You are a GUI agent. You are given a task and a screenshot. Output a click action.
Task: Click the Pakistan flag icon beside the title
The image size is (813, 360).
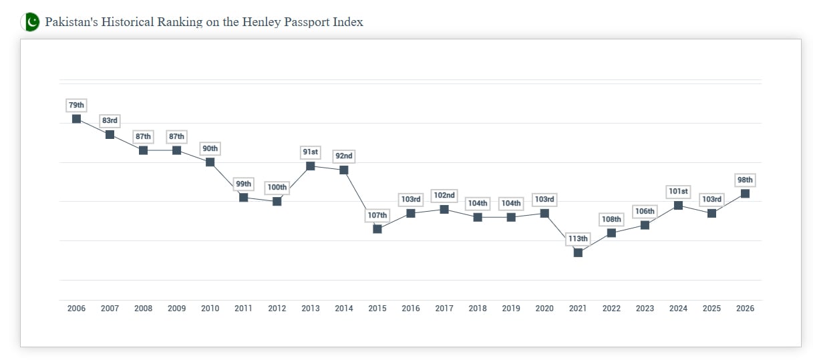click(30, 22)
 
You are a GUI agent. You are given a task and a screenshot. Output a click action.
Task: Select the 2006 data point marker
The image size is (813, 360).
click(76, 119)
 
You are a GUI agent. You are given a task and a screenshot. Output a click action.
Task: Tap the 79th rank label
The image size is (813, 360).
click(76, 106)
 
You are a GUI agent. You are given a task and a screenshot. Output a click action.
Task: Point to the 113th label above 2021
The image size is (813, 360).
click(578, 239)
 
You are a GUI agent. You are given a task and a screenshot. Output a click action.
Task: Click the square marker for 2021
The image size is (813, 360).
click(578, 252)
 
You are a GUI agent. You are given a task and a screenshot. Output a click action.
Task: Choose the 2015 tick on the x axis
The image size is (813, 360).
click(377, 309)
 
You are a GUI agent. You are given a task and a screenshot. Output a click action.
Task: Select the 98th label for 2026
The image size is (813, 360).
click(745, 180)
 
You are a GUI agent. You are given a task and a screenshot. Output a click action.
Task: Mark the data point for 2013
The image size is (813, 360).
click(311, 166)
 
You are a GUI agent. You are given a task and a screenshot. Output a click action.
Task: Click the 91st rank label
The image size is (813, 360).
click(311, 152)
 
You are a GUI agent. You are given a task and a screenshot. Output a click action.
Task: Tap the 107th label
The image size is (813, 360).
click(377, 216)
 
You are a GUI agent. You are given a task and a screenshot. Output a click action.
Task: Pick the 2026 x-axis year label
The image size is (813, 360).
click(745, 309)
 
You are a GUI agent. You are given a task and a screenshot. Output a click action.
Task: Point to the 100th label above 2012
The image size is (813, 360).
click(277, 188)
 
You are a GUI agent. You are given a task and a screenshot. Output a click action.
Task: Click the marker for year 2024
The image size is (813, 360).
click(678, 205)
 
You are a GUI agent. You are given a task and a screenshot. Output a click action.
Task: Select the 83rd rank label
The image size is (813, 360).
click(110, 121)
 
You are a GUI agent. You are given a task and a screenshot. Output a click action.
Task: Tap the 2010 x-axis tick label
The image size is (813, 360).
click(210, 309)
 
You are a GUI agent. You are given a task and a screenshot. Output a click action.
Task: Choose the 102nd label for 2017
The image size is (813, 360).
click(444, 196)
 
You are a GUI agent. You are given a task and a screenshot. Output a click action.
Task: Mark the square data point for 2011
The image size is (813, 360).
click(244, 198)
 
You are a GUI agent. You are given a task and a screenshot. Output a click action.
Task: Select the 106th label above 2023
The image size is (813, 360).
click(645, 212)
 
